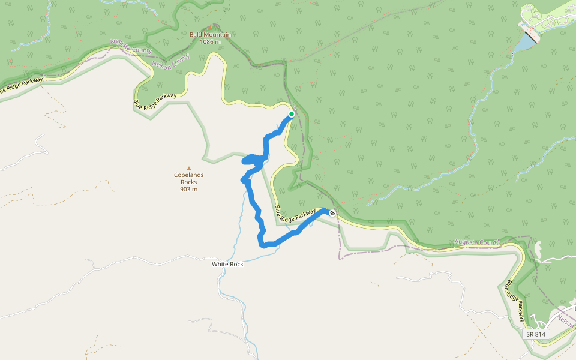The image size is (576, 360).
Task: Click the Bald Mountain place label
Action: pyautogui.click(x=210, y=35)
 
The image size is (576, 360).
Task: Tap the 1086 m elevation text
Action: pyautogui.click(x=210, y=42)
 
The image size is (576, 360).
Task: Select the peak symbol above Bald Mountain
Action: pyautogui.click(x=210, y=28)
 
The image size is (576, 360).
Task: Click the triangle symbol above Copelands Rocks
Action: pyautogui.click(x=189, y=169)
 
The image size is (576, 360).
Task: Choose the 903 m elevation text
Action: pyautogui.click(x=189, y=189)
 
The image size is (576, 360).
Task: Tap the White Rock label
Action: pyautogui.click(x=228, y=264)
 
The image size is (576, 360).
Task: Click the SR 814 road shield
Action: pyautogui.click(x=536, y=334)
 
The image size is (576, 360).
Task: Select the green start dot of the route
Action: pyautogui.click(x=292, y=114)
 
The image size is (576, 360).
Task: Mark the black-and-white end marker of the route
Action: pyautogui.click(x=332, y=213)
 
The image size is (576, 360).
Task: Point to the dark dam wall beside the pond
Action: pyautogui.click(x=530, y=34)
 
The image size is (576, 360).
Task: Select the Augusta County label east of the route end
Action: pyautogui.click(x=477, y=242)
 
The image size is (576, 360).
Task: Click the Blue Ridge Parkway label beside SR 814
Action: pyautogui.click(x=516, y=301)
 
